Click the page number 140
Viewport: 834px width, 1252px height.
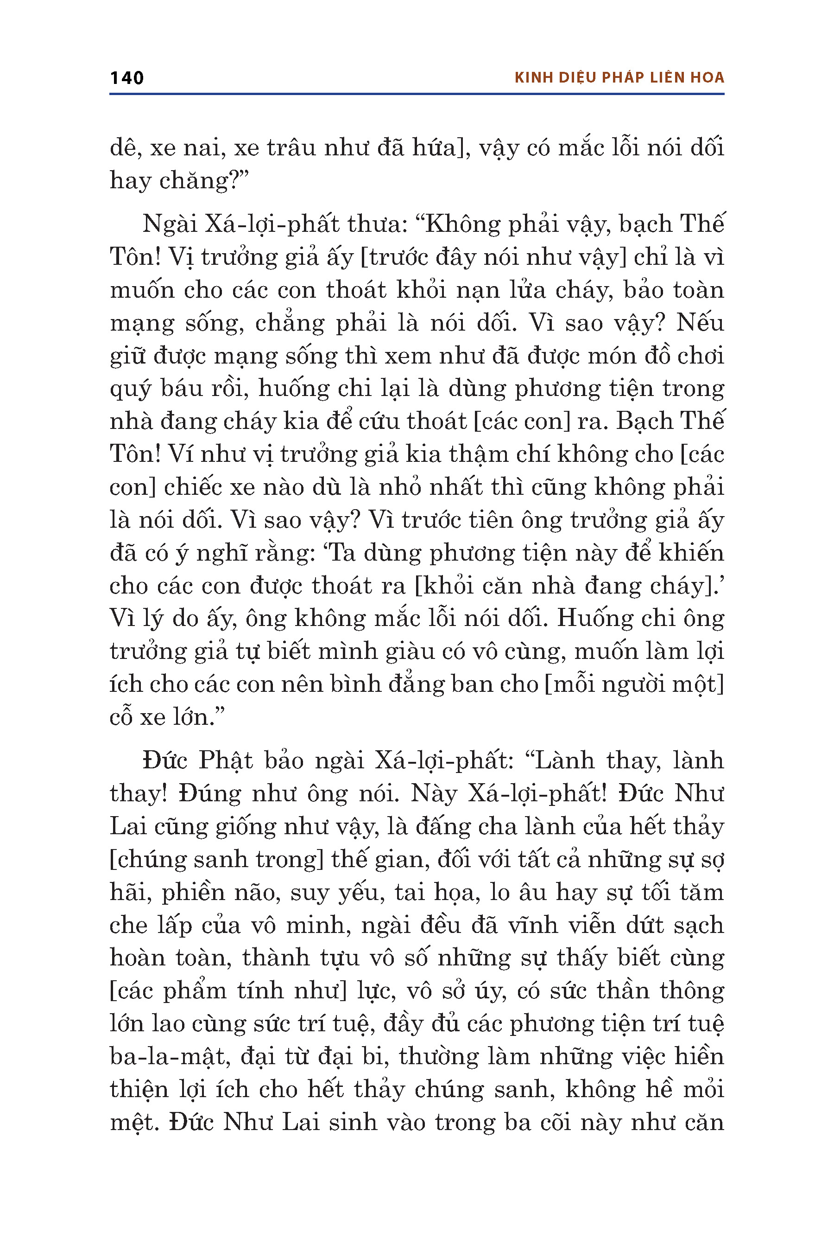(x=126, y=78)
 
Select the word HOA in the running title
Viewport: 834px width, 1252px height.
(x=708, y=78)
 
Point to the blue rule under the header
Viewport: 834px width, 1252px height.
(x=417, y=94)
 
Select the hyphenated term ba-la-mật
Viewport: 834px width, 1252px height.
(x=168, y=1057)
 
